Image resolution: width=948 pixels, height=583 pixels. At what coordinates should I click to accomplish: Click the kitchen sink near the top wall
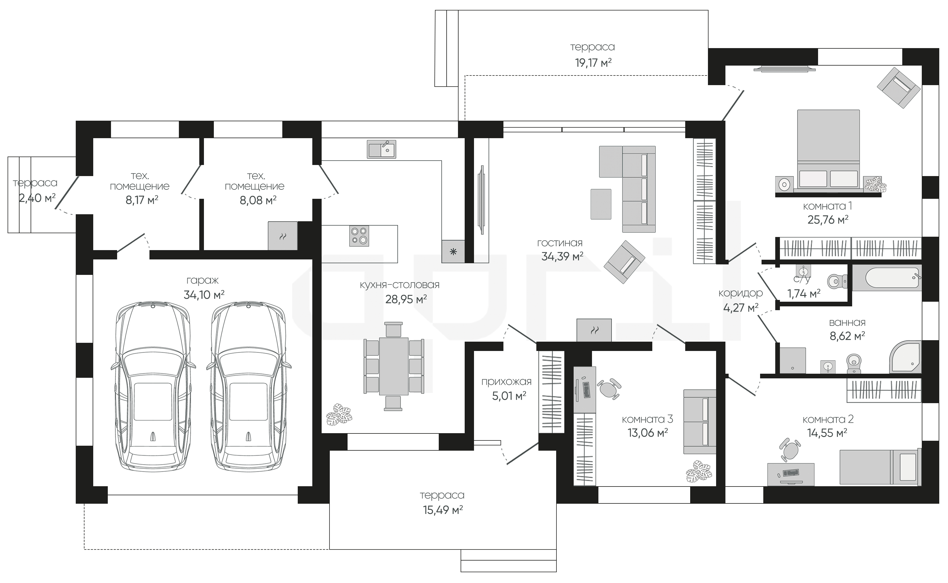click(x=381, y=149)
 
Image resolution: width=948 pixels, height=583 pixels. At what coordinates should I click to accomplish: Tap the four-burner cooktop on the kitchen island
click(x=359, y=236)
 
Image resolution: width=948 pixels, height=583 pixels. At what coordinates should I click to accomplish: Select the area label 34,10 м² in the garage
click(x=204, y=295)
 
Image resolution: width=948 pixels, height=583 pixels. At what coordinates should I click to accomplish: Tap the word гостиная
click(x=560, y=243)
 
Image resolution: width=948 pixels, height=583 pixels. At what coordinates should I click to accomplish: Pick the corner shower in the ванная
click(x=905, y=357)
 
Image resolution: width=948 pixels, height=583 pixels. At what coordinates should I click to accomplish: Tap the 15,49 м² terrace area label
click(x=443, y=510)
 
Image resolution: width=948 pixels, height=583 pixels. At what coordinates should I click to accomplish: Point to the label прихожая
click(x=506, y=382)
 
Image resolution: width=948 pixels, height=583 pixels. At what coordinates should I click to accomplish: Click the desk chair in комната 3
click(x=609, y=388)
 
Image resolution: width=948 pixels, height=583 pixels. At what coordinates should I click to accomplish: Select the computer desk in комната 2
click(x=791, y=475)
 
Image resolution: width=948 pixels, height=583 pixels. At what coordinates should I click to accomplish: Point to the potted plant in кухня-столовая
click(x=339, y=415)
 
